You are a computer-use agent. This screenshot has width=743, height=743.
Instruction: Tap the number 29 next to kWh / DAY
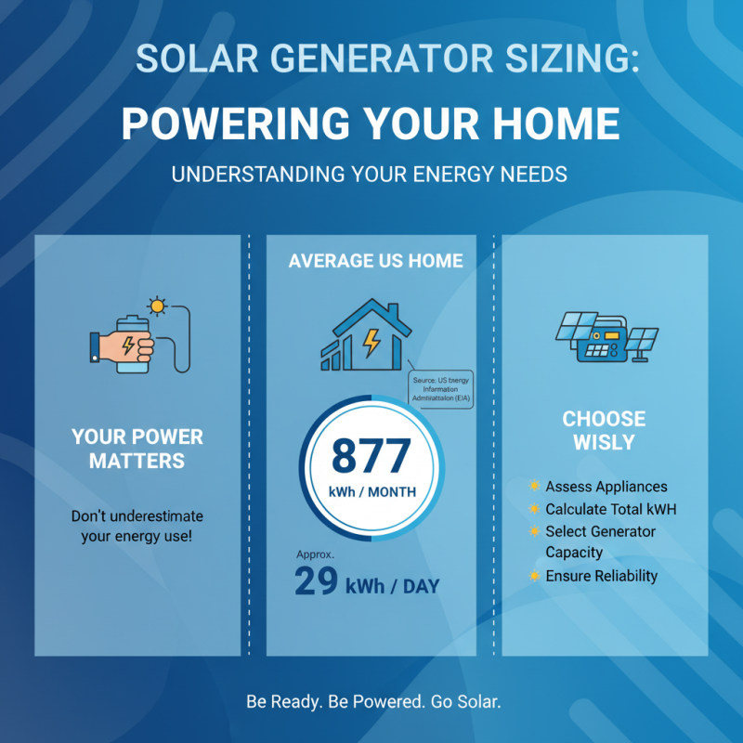point(316,581)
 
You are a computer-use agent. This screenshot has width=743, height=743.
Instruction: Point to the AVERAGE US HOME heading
point(375,261)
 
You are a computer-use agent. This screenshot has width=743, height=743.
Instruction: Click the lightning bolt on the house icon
point(371,343)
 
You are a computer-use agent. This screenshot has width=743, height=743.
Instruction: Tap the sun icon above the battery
point(157,305)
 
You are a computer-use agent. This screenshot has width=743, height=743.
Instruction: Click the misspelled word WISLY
point(604,443)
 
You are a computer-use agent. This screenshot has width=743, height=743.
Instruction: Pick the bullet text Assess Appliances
point(606,487)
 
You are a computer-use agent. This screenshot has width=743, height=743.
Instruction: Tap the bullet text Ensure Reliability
point(601,576)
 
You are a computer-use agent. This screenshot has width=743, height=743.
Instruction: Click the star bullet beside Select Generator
point(534,531)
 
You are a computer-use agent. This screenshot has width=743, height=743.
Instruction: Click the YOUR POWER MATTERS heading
point(137,448)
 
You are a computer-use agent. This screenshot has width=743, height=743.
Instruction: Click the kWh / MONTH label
point(371,492)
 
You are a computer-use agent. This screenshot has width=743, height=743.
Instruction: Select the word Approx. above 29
point(314,554)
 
